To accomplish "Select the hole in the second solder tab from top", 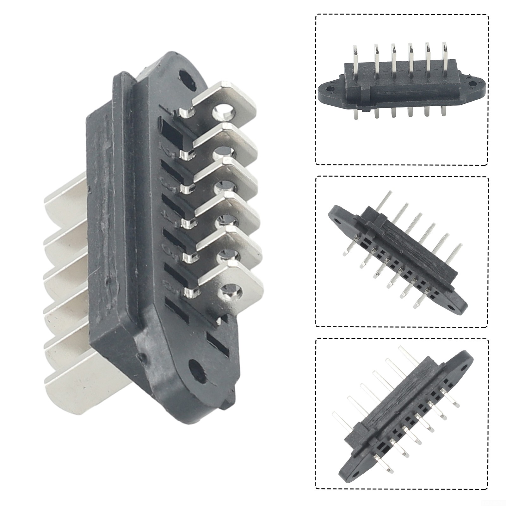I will coord(225,153).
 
